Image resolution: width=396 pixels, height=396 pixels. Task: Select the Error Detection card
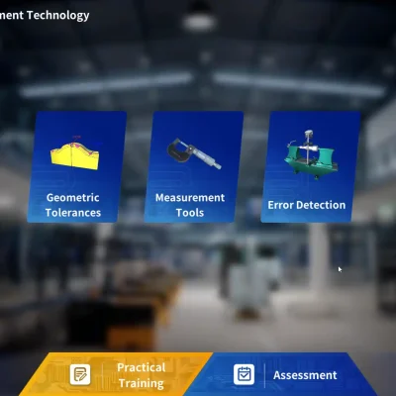pos(307,166)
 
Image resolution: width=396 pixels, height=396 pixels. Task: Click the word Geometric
pos(73,198)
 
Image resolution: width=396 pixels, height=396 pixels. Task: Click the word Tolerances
pos(73,212)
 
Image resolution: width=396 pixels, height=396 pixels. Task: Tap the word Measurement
pos(190,198)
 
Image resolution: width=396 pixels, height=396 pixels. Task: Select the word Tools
pos(190,212)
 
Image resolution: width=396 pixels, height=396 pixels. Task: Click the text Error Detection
pos(307,205)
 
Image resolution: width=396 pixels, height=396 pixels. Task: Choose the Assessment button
pos(287,375)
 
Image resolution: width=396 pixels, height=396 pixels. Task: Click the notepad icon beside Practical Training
pos(80,374)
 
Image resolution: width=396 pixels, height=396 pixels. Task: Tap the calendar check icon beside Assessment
pos(244,374)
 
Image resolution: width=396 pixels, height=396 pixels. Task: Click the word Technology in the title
pos(58,15)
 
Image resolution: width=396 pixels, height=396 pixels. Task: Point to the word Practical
pos(142,367)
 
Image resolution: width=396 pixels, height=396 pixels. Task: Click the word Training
pos(142,382)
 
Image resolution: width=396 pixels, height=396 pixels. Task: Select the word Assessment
pos(305,375)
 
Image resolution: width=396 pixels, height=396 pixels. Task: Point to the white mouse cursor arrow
pos(340,269)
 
